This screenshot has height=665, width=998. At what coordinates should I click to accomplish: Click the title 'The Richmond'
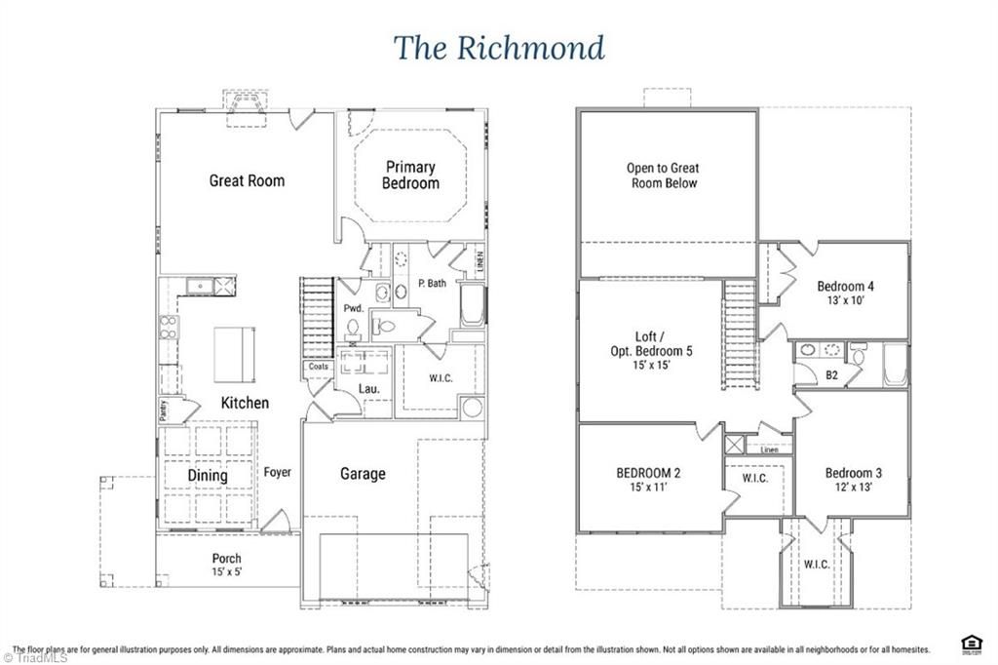tap(499, 47)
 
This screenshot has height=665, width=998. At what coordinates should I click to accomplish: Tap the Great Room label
tap(247, 180)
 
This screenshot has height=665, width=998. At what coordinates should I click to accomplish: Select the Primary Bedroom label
tap(410, 175)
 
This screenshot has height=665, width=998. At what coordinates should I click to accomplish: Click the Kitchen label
tap(245, 403)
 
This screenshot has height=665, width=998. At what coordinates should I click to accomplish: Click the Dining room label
tap(208, 476)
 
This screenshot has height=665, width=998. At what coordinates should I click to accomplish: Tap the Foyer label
tap(277, 473)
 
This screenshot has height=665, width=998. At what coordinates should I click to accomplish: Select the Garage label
tap(363, 474)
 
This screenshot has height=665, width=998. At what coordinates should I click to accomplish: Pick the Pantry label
tap(163, 411)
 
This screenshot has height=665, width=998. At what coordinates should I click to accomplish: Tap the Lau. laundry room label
tap(369, 389)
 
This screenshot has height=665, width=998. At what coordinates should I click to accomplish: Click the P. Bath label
tap(432, 284)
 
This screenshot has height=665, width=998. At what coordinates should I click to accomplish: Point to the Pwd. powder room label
tap(353, 308)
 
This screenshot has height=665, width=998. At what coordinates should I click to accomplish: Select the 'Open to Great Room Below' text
tap(663, 176)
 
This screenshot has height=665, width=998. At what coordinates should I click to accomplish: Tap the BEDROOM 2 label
tap(648, 474)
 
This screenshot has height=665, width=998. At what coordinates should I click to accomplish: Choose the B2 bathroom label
tap(832, 373)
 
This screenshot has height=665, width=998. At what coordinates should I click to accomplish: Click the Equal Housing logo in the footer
tap(971, 643)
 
